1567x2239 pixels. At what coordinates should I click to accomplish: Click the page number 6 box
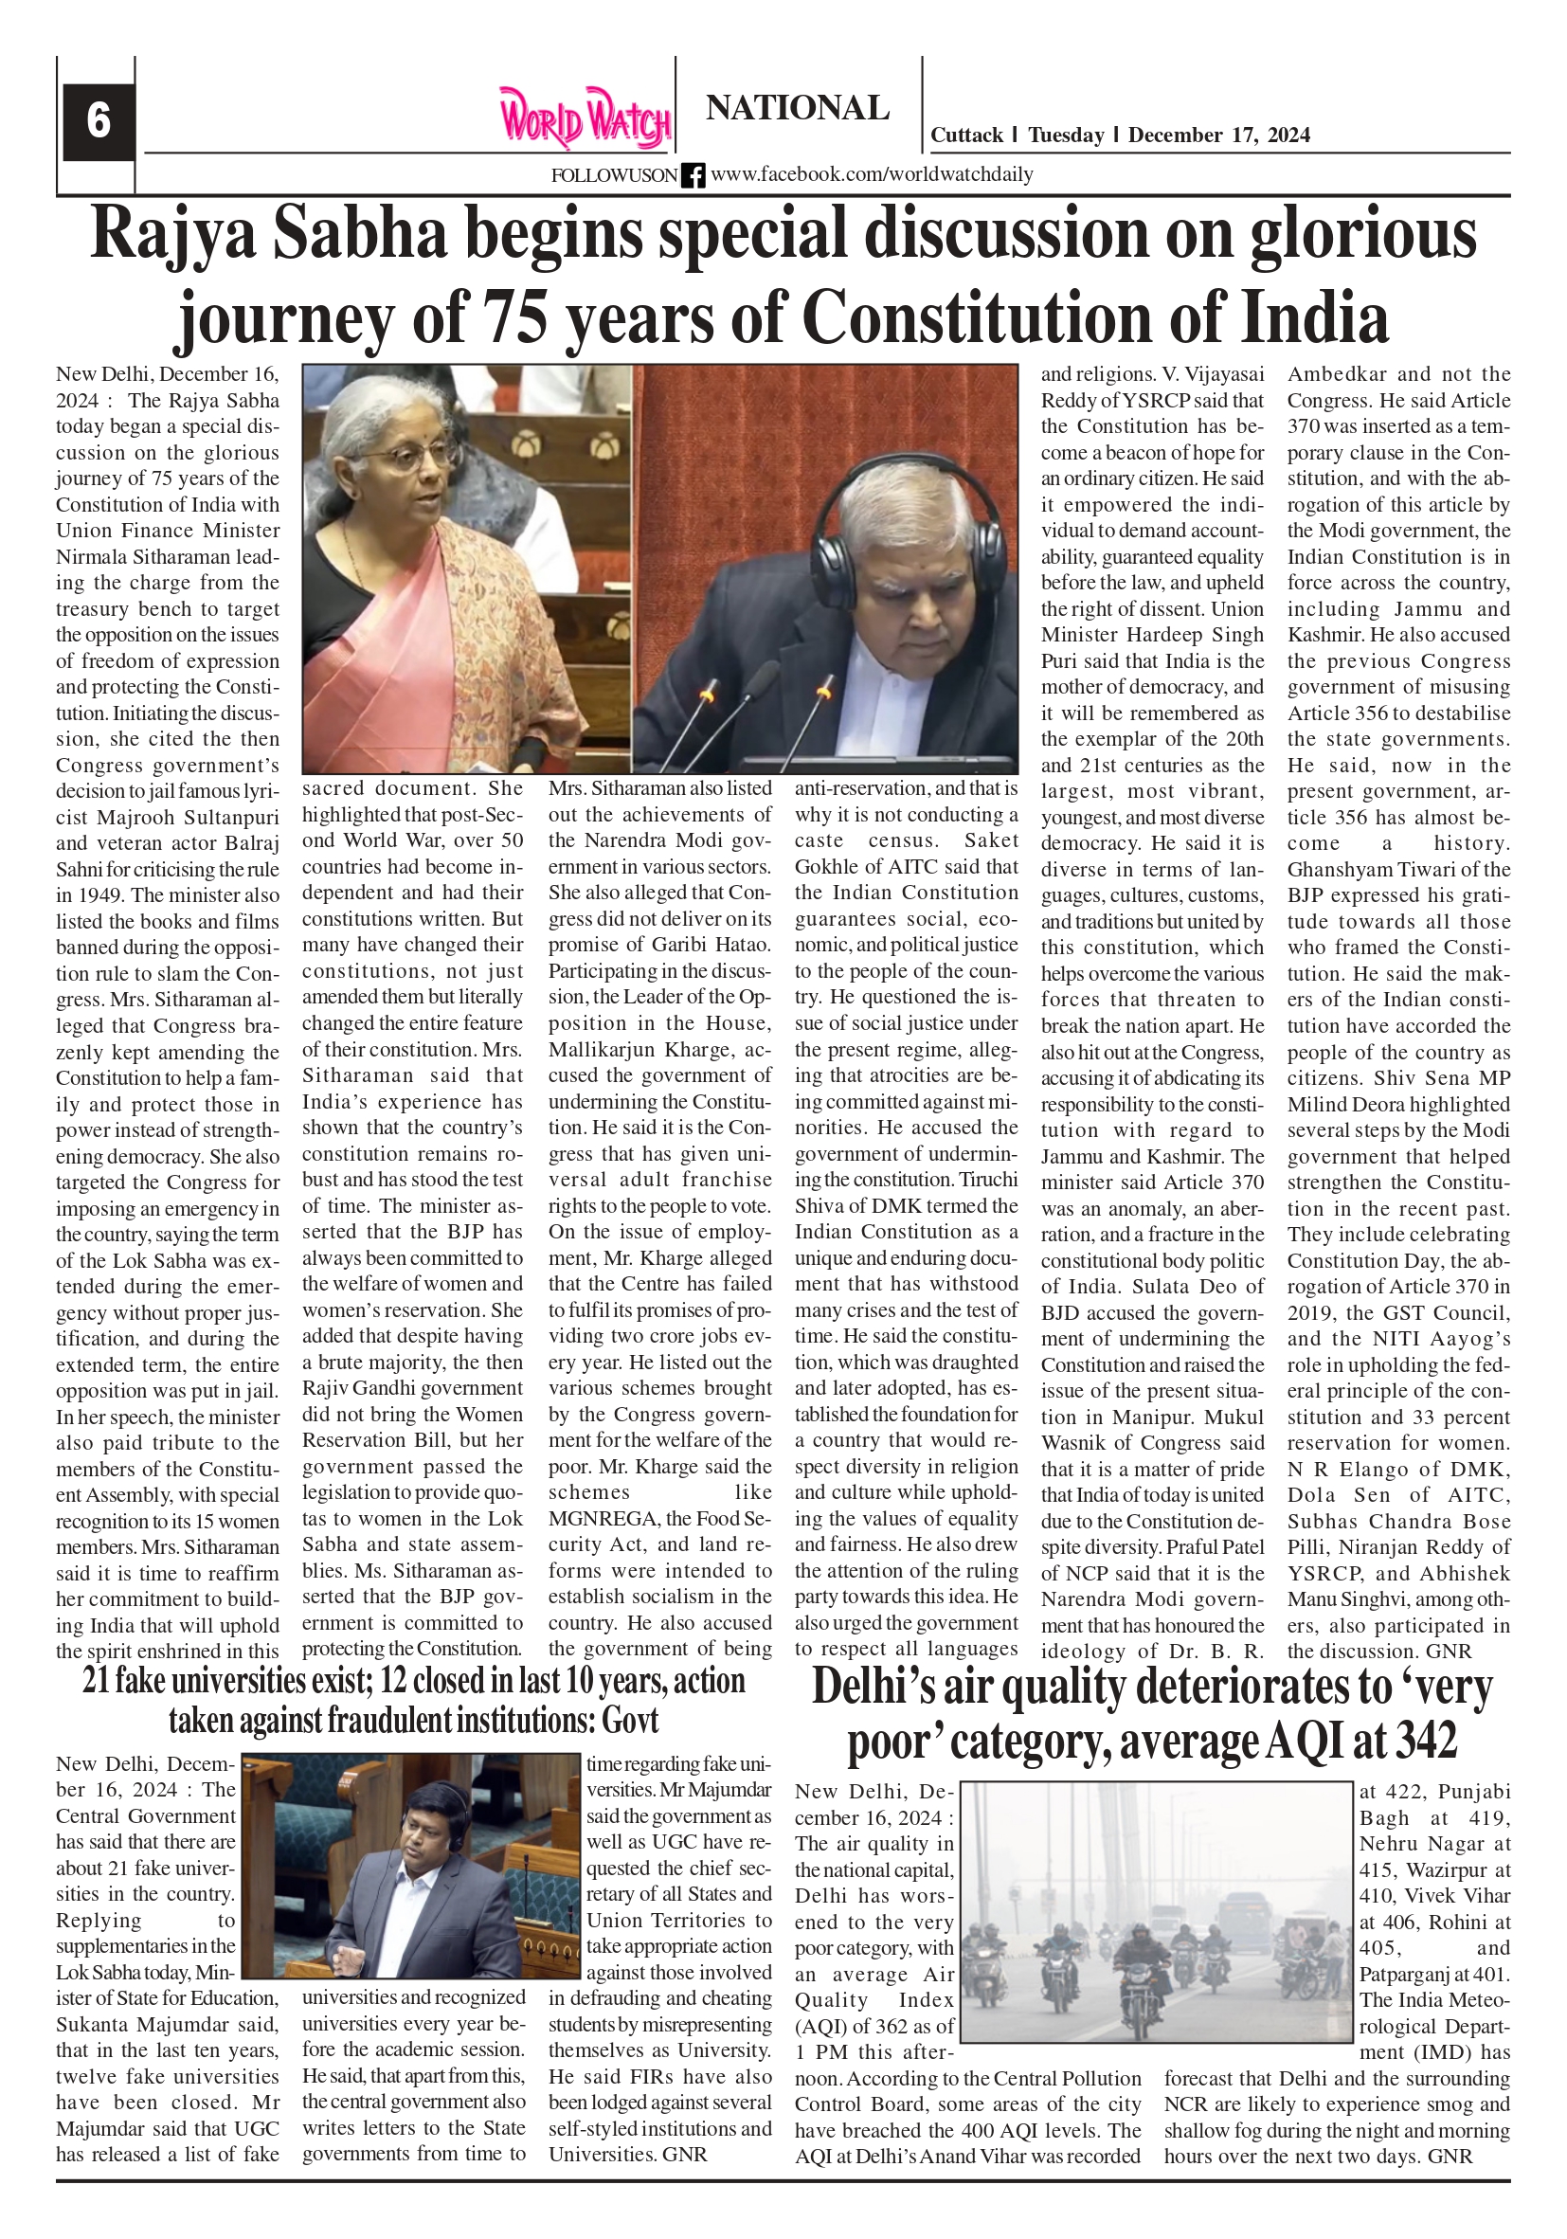point(99,121)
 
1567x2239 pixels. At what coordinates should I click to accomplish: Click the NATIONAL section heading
point(797,107)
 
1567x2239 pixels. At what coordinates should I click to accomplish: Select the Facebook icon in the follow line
point(693,175)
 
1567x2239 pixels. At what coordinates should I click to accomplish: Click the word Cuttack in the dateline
point(966,135)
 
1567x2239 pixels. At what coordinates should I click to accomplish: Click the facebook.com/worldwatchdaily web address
point(872,174)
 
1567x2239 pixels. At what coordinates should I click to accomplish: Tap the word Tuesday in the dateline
point(1066,135)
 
